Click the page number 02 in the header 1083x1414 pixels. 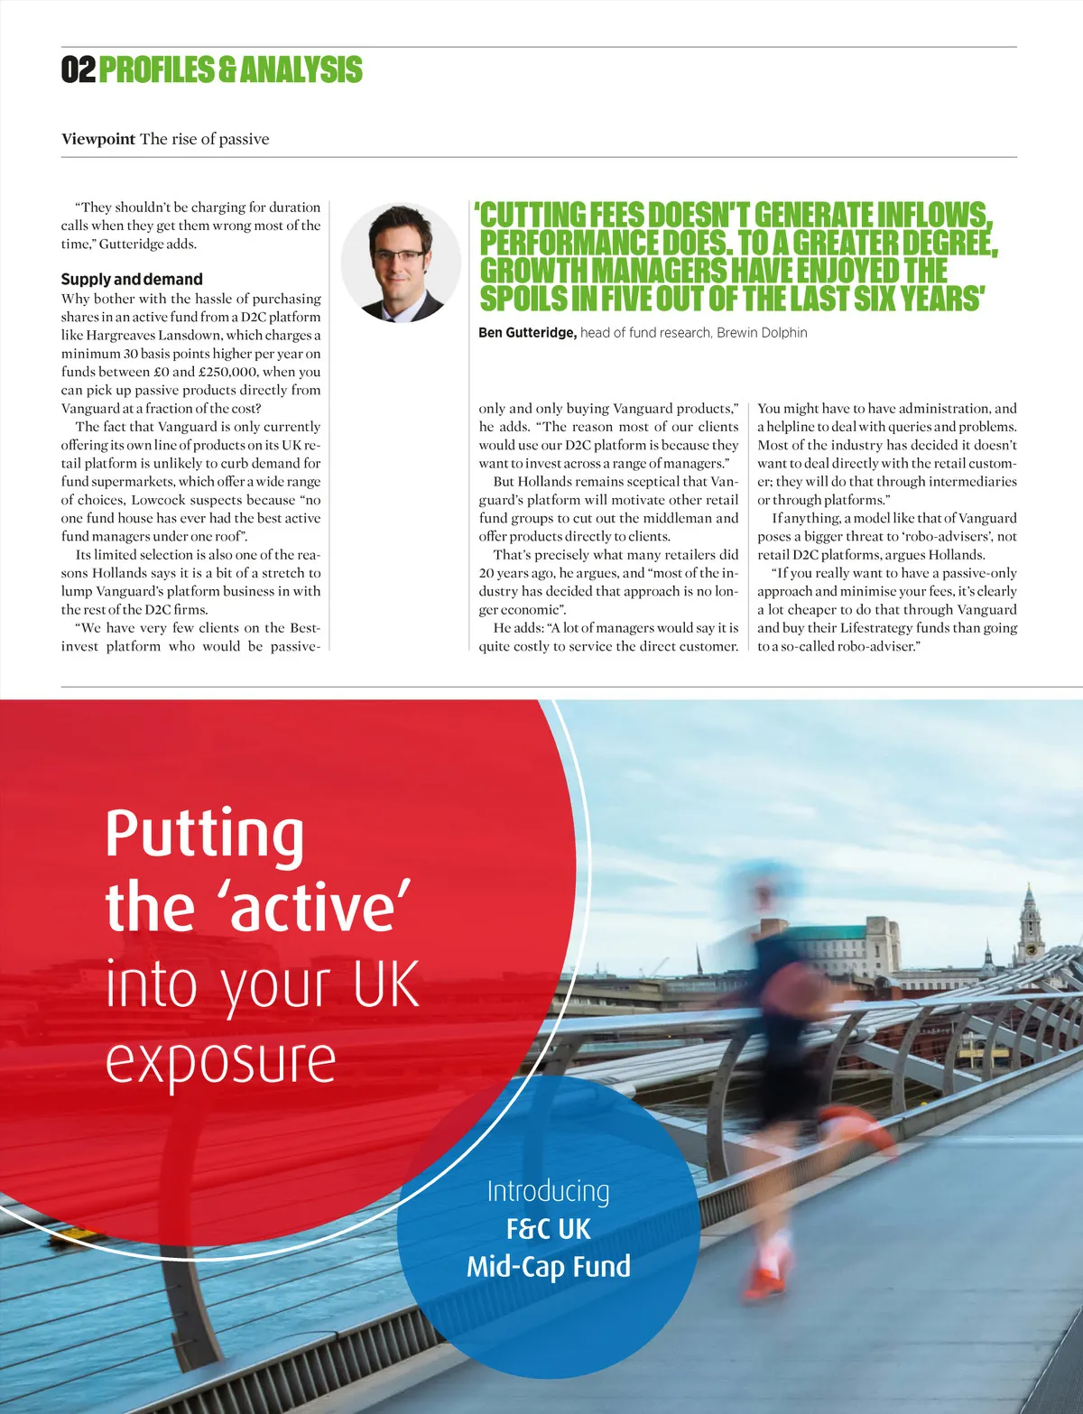click(78, 69)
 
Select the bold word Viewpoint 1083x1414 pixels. click(97, 139)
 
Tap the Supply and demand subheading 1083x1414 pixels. click(132, 279)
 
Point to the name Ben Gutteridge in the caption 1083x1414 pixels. click(526, 333)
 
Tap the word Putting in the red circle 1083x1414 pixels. click(205, 835)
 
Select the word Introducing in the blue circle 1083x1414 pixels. click(548, 1191)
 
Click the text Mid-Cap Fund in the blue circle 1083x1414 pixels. click(548, 1266)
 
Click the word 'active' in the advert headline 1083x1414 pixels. click(320, 909)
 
